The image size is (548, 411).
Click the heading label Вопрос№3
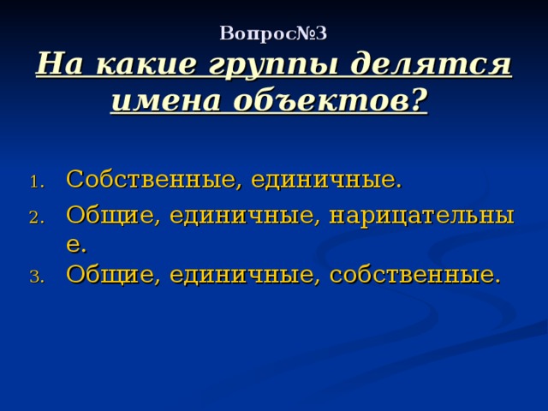(x=273, y=33)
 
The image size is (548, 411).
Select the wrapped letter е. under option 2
(x=75, y=246)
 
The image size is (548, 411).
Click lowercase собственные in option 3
(x=415, y=275)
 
